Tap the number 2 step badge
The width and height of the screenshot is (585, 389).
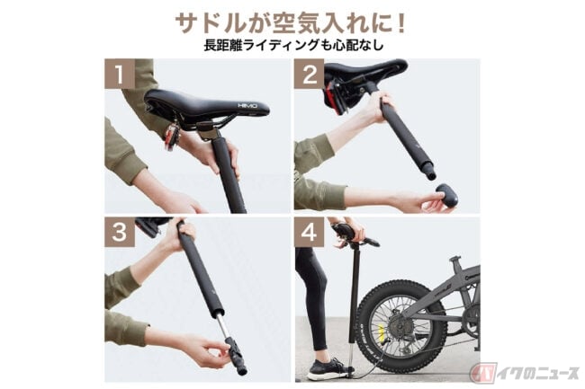[310, 75]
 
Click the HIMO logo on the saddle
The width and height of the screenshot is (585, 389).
[247, 106]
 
